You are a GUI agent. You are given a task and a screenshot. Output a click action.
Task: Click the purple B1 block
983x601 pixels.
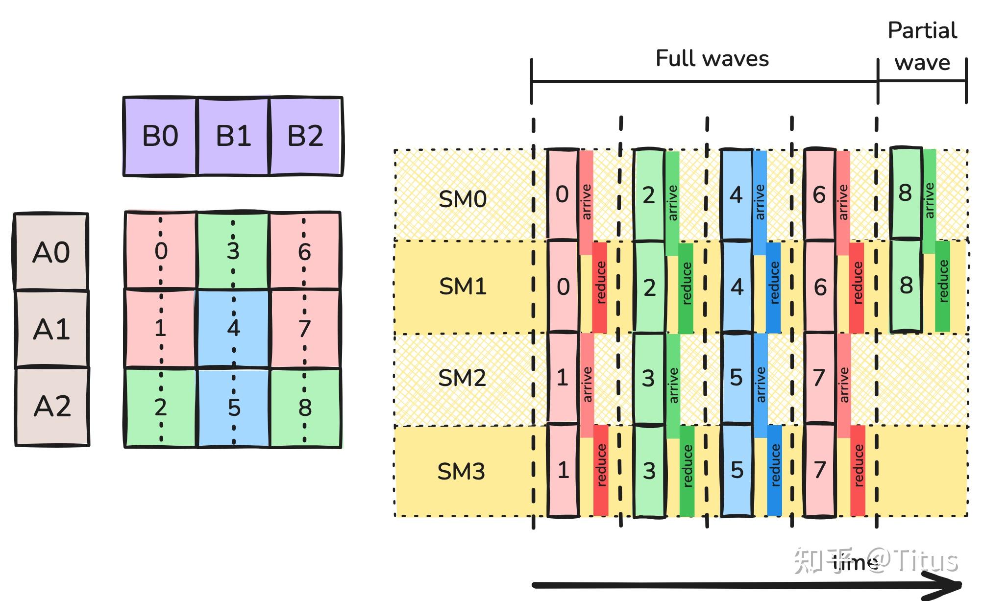233,136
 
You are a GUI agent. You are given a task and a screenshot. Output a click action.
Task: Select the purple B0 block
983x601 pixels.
160,136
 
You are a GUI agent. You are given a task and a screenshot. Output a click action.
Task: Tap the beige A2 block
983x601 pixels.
52,406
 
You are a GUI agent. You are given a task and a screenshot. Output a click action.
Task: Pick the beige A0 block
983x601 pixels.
51,252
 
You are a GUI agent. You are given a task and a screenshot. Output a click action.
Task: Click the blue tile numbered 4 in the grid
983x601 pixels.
233,328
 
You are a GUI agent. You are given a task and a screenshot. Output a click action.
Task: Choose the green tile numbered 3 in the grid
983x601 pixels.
233,251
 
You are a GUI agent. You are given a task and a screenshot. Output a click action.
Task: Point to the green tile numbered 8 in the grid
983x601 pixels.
305,408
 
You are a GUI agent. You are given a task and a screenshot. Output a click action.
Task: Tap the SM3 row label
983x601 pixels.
461,471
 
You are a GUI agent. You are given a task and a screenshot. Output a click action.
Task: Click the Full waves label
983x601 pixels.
712,59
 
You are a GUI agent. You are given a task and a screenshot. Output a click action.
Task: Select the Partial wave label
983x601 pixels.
922,47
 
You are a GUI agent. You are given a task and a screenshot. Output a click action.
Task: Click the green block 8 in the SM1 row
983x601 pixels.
906,286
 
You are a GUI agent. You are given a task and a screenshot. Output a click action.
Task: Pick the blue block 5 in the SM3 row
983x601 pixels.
737,470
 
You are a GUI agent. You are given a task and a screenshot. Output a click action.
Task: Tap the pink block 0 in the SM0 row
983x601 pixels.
562,194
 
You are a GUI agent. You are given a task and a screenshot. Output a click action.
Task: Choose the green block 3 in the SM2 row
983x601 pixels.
648,378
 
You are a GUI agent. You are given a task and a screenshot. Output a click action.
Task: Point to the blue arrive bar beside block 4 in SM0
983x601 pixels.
760,202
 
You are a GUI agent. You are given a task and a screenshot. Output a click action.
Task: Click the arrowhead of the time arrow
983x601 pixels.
953,585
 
